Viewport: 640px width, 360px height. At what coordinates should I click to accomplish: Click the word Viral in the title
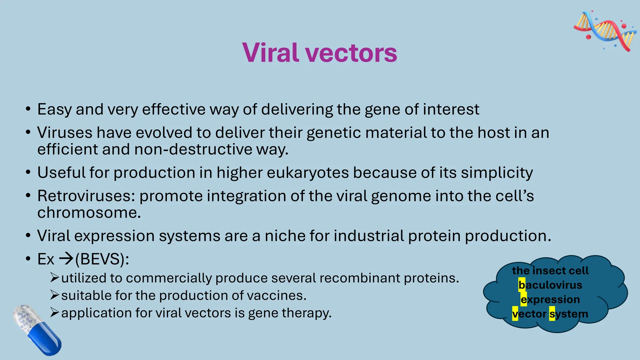point(270,52)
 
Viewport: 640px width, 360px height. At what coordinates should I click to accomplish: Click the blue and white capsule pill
point(37,330)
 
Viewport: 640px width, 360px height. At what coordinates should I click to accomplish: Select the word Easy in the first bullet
point(55,110)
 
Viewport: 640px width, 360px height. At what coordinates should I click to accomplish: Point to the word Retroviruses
point(86,196)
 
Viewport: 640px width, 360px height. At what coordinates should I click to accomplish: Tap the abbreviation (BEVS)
point(102,259)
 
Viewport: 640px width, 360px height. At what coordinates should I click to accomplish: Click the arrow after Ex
point(66,259)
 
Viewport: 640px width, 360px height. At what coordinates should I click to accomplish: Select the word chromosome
point(89,213)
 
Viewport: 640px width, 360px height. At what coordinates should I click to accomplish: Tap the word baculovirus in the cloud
point(550,285)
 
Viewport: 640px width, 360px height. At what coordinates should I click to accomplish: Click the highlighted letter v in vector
point(515,314)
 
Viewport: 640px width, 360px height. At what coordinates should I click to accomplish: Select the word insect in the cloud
point(550,271)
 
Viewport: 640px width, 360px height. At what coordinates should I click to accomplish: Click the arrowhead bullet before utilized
point(54,277)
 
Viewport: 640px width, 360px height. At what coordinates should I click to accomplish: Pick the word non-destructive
point(193,149)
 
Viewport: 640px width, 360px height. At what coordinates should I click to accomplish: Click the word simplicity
point(497,173)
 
